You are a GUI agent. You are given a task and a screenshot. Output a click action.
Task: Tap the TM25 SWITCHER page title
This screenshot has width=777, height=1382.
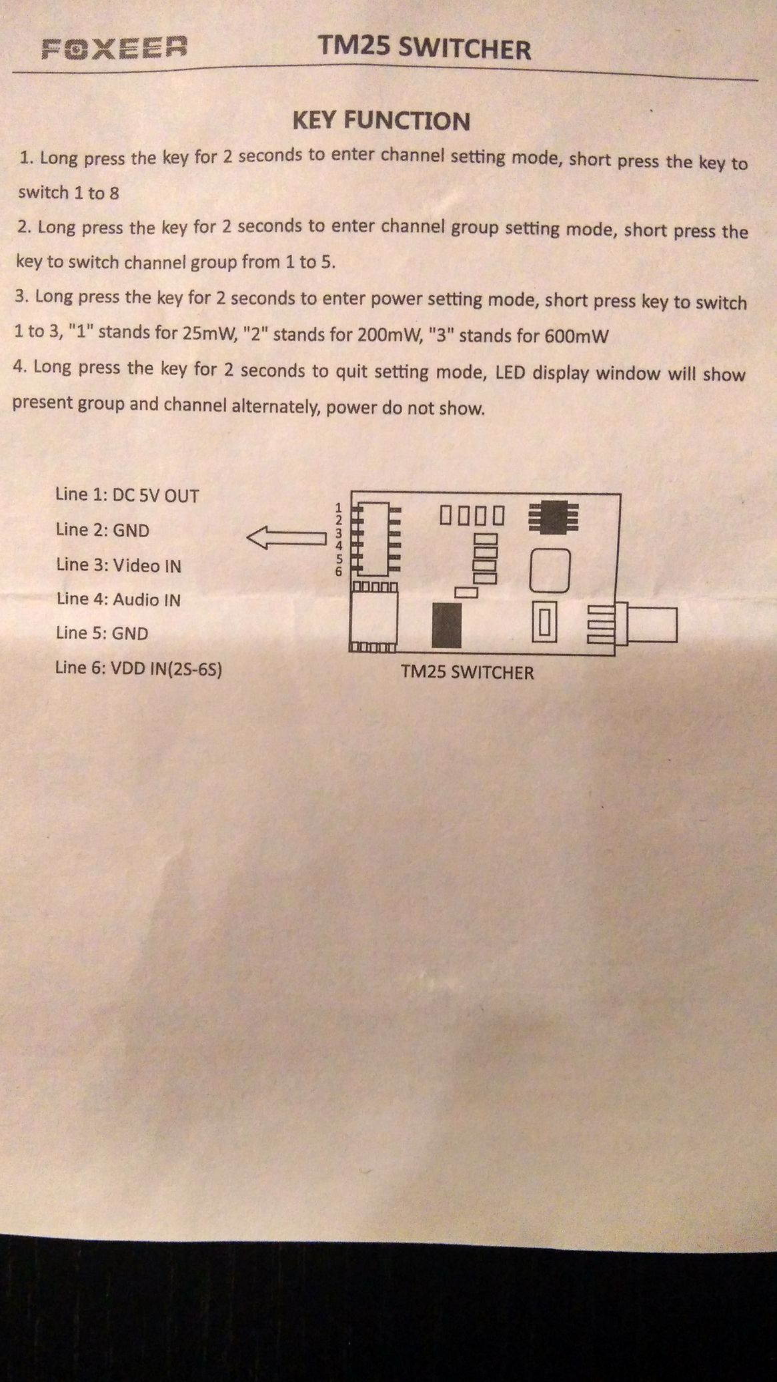point(424,49)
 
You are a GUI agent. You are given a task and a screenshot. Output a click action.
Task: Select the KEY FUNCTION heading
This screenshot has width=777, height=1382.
point(381,121)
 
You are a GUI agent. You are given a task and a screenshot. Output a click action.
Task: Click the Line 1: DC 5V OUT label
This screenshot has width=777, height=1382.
point(127,495)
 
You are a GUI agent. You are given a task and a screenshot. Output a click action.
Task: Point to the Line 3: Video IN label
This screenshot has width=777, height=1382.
point(118,565)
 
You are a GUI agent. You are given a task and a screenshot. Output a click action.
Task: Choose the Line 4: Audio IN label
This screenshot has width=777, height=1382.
point(118,599)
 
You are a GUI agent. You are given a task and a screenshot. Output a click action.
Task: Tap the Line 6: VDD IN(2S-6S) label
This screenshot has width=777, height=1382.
point(138,668)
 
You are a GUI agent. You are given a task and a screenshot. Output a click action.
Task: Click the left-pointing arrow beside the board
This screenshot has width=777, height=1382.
point(285,537)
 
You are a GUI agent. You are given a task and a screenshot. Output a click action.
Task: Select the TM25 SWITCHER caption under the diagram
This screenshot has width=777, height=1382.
point(467,672)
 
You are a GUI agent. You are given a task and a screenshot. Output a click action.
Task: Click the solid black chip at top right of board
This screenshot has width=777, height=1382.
point(553,516)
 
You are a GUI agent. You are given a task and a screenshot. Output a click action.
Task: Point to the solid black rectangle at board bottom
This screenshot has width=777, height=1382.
point(446,625)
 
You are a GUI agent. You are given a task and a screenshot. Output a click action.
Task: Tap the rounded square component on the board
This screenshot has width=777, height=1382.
point(550,571)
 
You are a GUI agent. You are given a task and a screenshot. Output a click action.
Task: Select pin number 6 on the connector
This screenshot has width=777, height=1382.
point(339,572)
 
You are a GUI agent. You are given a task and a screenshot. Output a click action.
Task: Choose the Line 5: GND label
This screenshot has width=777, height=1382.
point(102,633)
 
